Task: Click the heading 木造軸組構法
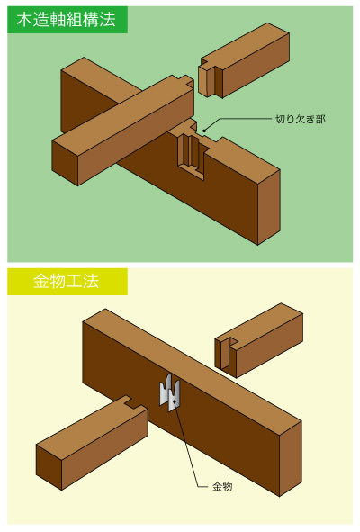(67, 20)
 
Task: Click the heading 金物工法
(67, 281)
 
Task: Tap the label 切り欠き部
(301, 119)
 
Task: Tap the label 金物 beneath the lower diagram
(222, 486)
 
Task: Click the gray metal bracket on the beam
(170, 393)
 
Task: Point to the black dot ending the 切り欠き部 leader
(204, 131)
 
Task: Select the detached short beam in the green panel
(244, 60)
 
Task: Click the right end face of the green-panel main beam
(269, 207)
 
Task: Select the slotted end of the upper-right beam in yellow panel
(226, 357)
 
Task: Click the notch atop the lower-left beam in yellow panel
(133, 402)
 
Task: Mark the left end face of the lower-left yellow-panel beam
(49, 467)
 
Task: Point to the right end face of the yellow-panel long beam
(291, 459)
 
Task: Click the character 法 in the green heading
(108, 20)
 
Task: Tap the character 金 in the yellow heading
(41, 281)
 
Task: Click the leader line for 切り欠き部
(238, 119)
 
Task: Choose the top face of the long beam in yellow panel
(193, 365)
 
